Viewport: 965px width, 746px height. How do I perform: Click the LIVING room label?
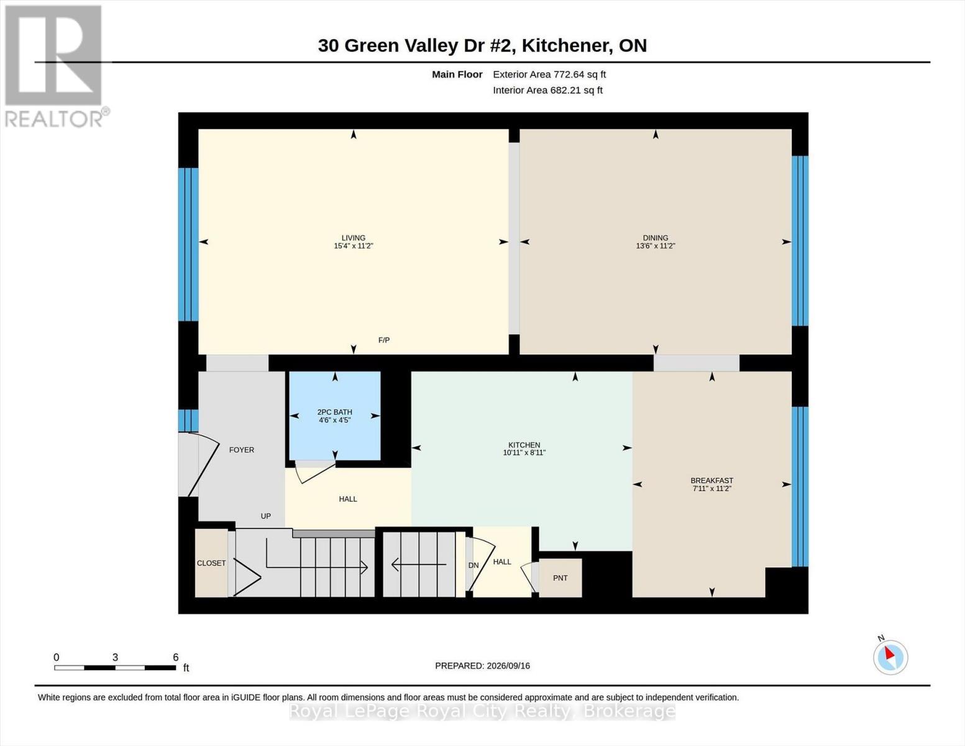pyautogui.click(x=353, y=237)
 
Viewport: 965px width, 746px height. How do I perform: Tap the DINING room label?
pyautogui.click(x=656, y=237)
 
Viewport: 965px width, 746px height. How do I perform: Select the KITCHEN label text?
pyautogui.click(x=524, y=444)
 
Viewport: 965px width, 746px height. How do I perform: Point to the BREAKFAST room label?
pyautogui.click(x=712, y=481)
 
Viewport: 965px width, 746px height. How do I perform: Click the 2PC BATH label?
pyautogui.click(x=334, y=412)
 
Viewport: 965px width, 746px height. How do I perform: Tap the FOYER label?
pyautogui.click(x=242, y=449)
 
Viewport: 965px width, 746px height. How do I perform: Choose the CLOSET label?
pyautogui.click(x=211, y=563)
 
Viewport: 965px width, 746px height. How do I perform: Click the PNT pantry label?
pyautogui.click(x=560, y=578)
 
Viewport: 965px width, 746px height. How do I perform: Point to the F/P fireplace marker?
pyautogui.click(x=383, y=340)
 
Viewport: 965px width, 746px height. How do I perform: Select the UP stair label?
pyautogui.click(x=265, y=516)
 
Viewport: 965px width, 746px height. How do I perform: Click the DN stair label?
pyautogui.click(x=473, y=565)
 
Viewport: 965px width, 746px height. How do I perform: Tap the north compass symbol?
pyautogui.click(x=890, y=657)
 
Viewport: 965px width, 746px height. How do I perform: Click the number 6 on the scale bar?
pyautogui.click(x=176, y=657)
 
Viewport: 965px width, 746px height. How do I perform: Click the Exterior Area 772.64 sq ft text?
pyautogui.click(x=549, y=74)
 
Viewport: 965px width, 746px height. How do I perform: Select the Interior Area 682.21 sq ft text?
pyautogui.click(x=547, y=90)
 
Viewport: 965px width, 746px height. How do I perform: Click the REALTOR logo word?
pyautogui.click(x=54, y=119)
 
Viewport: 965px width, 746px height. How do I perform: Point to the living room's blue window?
pyautogui.click(x=188, y=244)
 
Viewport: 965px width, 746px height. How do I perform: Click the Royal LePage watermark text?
pyautogui.click(x=482, y=711)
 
